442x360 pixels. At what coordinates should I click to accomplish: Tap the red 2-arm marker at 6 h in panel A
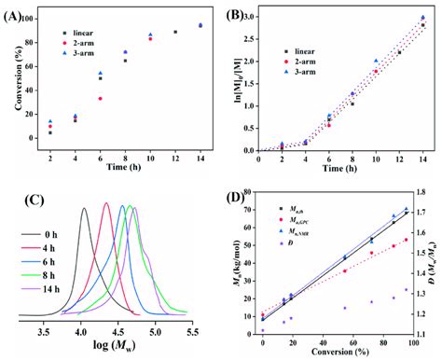pos(100,98)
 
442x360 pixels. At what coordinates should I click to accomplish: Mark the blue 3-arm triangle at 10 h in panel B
pos(376,61)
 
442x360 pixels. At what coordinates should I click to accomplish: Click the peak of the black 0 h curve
pos(84,209)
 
